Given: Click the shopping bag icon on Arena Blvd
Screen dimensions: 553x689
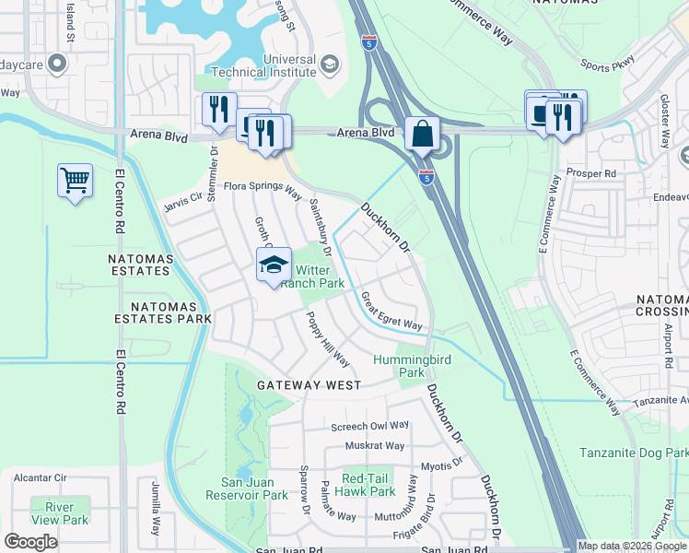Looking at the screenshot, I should (421, 134).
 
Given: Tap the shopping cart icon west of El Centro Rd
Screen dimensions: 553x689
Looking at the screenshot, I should (75, 180).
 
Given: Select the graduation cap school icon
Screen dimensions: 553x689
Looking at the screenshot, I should (273, 266).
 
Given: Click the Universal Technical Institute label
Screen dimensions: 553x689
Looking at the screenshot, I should (265, 64).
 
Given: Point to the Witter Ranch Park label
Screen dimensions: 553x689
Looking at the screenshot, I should (311, 276).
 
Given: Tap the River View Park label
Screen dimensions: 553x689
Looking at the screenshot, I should (59, 513).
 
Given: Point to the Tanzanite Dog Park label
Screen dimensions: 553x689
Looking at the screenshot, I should (634, 453).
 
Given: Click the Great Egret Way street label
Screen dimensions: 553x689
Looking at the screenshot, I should (391, 312).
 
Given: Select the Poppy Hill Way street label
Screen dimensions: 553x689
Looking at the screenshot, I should (327, 338).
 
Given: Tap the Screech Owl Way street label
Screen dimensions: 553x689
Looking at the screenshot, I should (369, 425).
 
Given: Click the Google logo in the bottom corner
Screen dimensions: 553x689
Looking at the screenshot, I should (30, 542).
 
